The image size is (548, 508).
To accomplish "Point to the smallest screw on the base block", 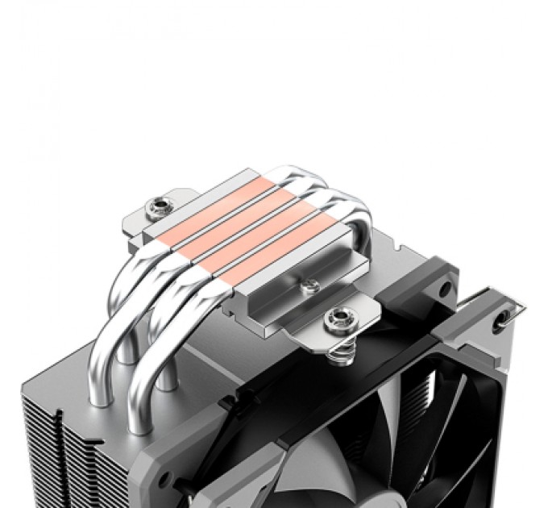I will pos(307,284).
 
